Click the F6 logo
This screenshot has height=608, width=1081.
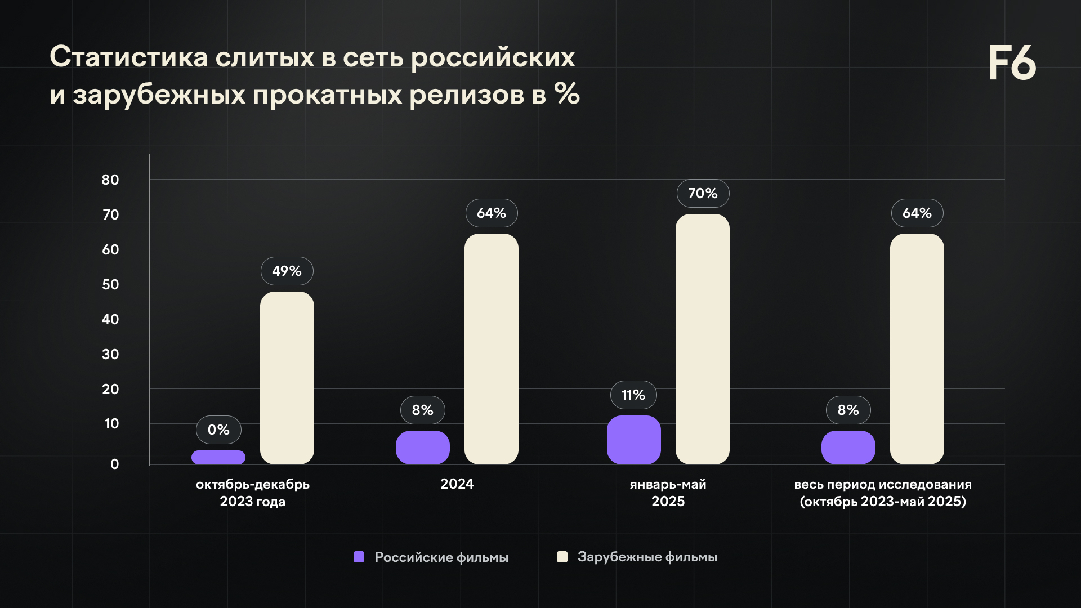tap(1012, 63)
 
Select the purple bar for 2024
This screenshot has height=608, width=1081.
tap(422, 448)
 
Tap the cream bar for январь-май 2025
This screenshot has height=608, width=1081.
tap(702, 339)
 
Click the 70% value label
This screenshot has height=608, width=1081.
tap(703, 194)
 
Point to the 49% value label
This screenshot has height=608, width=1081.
tap(287, 271)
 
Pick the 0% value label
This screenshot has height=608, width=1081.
tap(218, 430)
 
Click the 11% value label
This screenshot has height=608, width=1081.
tap(633, 395)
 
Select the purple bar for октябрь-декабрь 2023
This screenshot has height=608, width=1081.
tap(218, 457)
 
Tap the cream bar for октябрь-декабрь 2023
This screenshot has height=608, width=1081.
tap(287, 378)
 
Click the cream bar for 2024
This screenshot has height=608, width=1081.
tap(491, 349)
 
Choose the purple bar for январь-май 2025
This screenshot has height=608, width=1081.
tap(633, 440)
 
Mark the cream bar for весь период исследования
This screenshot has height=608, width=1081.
tap(917, 349)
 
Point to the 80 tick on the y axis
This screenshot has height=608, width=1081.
tap(110, 180)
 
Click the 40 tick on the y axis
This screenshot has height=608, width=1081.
tap(110, 320)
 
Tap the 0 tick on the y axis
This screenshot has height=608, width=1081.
tap(115, 464)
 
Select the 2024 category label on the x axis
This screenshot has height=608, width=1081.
tap(457, 484)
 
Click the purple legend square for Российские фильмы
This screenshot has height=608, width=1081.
tap(359, 557)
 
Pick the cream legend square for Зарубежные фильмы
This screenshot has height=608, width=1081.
tap(562, 557)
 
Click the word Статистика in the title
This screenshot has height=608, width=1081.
tap(129, 57)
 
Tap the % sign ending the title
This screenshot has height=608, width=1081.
tap(566, 94)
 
